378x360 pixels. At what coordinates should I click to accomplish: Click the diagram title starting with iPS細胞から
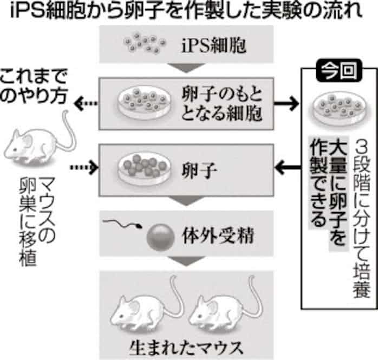[x=188, y=12]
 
